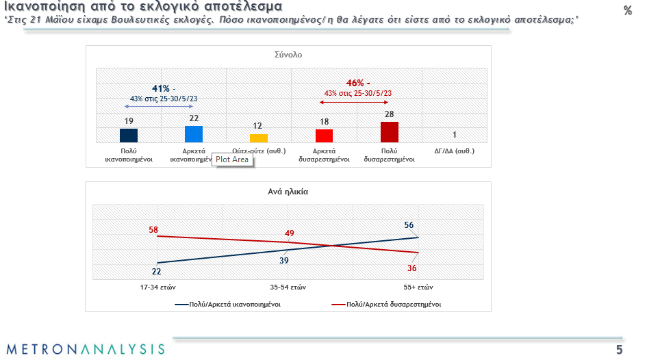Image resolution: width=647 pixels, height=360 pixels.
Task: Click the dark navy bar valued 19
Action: (129, 135)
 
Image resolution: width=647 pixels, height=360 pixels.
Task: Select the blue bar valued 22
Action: (194, 133)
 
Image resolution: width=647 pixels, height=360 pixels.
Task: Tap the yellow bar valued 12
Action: (259, 138)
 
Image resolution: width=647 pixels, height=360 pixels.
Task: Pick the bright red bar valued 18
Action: (324, 136)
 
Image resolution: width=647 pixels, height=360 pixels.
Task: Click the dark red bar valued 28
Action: (390, 131)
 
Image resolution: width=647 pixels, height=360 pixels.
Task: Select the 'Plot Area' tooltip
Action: (232, 159)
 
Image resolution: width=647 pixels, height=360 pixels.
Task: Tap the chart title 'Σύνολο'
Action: (288, 54)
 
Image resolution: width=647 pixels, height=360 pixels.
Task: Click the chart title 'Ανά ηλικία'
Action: (288, 192)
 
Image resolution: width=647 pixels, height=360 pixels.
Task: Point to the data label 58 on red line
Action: (154, 229)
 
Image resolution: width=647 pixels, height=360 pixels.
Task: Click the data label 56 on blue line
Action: (409, 225)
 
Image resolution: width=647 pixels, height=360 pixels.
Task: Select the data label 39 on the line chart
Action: (283, 260)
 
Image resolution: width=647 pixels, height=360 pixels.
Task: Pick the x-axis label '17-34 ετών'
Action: (157, 287)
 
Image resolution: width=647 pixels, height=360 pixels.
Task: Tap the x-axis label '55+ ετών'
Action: (417, 287)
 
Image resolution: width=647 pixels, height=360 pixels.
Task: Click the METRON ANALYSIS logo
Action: (86, 348)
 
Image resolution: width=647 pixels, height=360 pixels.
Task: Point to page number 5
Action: (619, 350)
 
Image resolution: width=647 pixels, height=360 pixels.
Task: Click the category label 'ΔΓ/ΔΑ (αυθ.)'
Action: (454, 151)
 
